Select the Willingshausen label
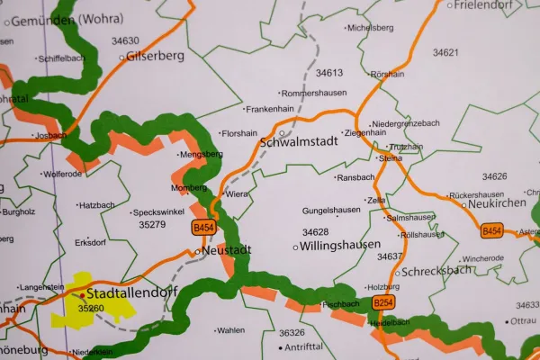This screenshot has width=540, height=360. (340, 245)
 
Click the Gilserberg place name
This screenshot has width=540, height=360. (157, 55)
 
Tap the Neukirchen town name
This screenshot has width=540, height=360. (497, 204)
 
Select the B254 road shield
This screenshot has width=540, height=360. (384, 302)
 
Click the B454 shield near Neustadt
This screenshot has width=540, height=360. (203, 229)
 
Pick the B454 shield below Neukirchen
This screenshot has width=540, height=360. (491, 231)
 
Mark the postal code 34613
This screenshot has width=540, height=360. (328, 73)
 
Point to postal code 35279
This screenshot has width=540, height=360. (152, 224)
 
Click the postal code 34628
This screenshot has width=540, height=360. (315, 231)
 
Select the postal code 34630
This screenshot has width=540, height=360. (125, 40)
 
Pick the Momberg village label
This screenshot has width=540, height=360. (189, 188)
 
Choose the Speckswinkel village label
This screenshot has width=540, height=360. (158, 212)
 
